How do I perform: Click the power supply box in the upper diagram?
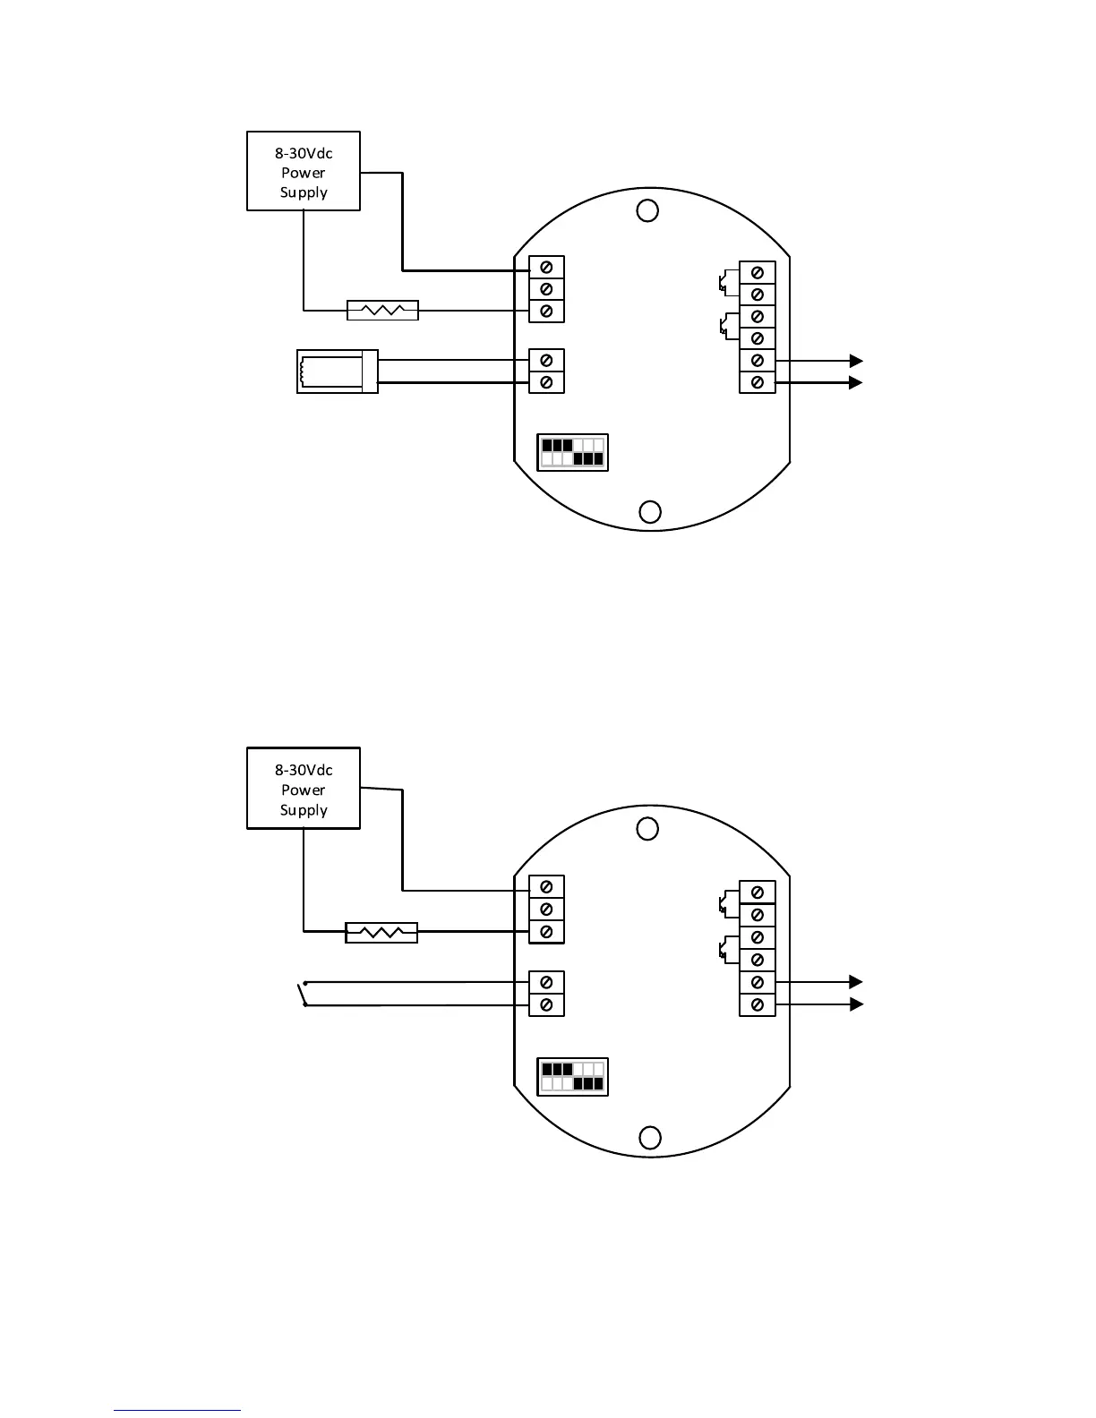(303, 170)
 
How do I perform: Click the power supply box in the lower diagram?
(303, 788)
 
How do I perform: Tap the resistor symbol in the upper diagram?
(382, 311)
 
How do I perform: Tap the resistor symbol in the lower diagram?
(381, 933)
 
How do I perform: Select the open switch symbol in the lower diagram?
(303, 994)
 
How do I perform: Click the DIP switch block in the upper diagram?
(572, 452)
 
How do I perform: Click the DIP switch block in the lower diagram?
(572, 1076)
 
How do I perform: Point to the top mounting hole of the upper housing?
(646, 210)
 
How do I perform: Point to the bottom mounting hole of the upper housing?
(650, 511)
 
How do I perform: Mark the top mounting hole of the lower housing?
(646, 829)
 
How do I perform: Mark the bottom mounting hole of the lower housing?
(650, 1137)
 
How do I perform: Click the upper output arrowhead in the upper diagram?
(856, 361)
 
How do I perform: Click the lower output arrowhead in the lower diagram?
(856, 1004)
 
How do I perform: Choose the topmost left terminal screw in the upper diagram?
(546, 268)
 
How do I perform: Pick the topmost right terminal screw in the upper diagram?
(757, 272)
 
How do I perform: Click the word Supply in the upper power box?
(304, 192)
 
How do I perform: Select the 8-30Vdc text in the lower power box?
(304, 770)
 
